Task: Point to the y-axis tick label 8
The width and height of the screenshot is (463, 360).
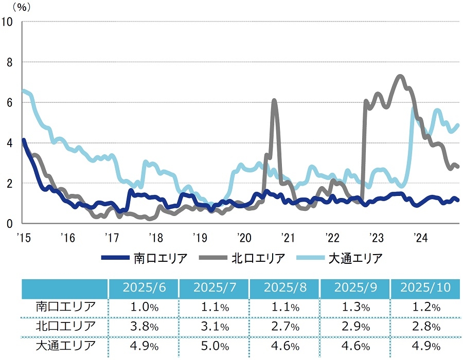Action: click(9, 62)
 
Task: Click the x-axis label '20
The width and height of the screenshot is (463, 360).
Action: click(244, 238)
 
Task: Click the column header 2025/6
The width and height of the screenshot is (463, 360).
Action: click(144, 287)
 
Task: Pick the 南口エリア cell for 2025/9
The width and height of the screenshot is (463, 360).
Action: click(355, 308)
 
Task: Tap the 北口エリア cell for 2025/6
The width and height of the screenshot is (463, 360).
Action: click(144, 326)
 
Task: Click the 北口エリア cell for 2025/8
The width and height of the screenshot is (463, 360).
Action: click(285, 326)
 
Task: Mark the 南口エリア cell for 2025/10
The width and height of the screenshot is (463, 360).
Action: click(425, 308)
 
